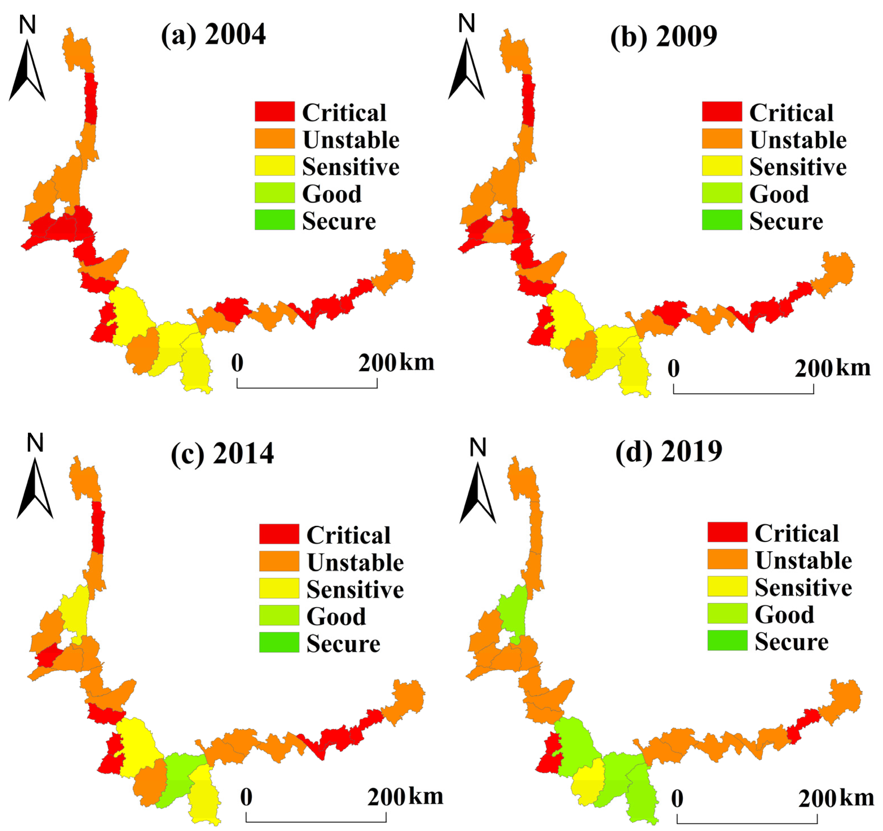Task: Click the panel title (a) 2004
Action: coord(213,35)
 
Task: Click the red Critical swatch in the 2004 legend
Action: coord(274,111)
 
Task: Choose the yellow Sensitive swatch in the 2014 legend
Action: coord(279,588)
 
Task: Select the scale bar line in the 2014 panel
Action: coord(316,821)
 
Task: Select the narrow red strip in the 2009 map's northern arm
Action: coord(528,100)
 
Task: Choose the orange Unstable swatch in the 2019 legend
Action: coord(727,559)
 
